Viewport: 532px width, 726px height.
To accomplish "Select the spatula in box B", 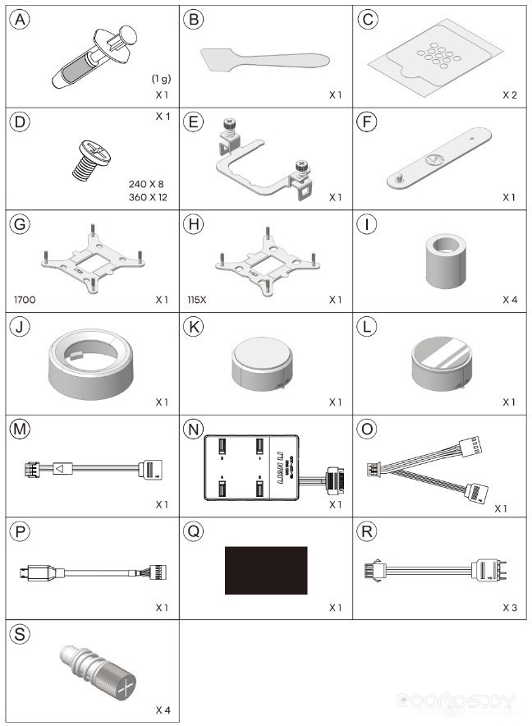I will tap(263, 59).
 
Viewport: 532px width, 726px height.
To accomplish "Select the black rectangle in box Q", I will tap(266, 571).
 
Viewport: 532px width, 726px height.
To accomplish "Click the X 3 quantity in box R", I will tap(511, 609).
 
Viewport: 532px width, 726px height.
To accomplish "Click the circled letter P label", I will tap(18, 531).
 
